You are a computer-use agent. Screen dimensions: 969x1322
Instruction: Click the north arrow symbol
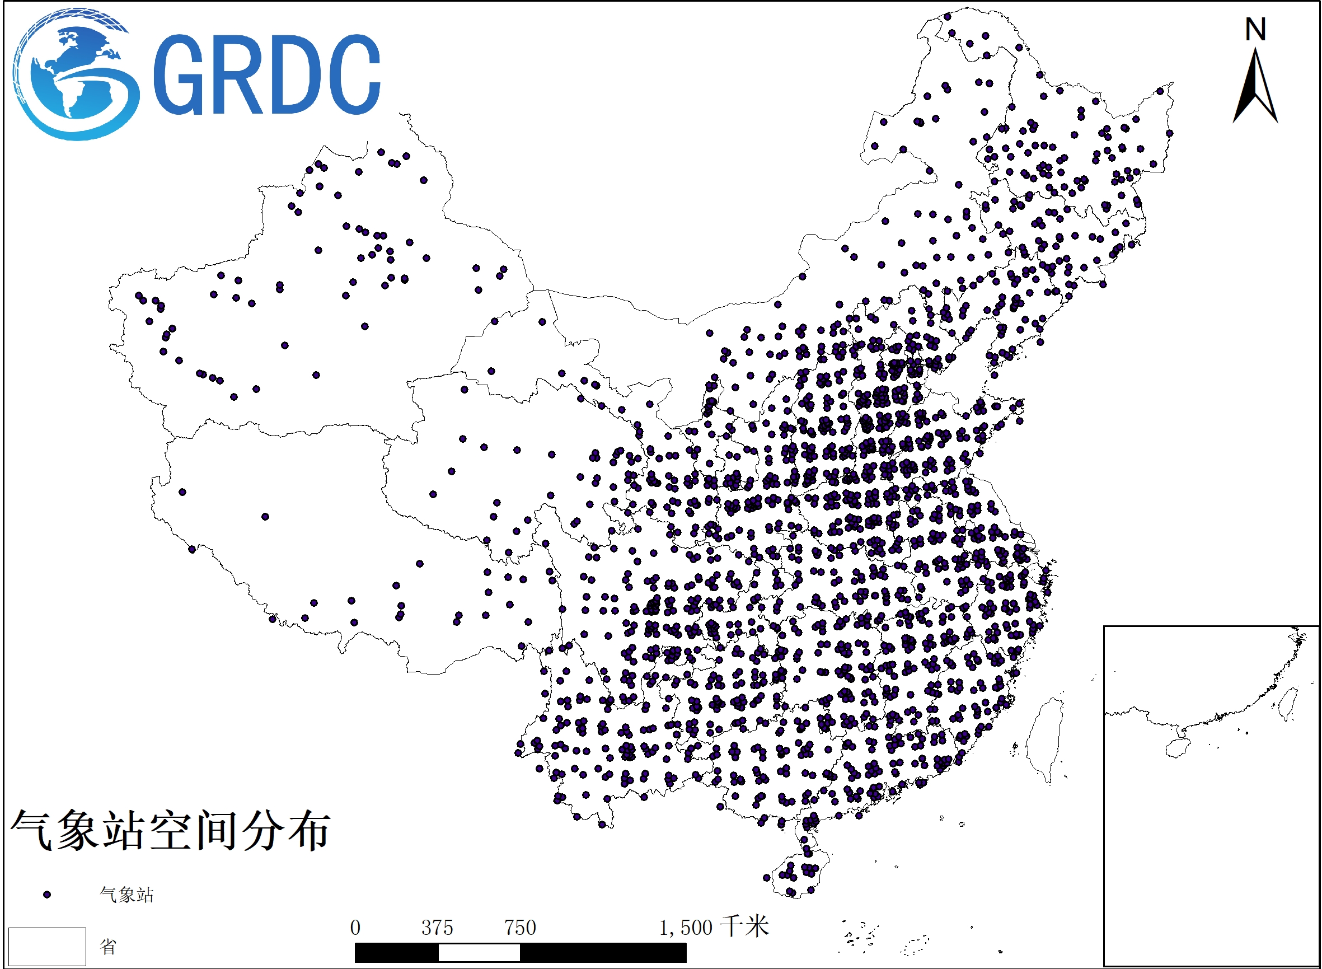pos(1256,88)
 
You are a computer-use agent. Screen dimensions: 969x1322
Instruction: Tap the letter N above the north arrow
pos(1256,29)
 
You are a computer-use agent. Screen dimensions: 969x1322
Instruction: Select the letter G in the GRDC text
pos(179,74)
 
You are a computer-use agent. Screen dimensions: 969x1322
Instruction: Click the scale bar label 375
pos(437,928)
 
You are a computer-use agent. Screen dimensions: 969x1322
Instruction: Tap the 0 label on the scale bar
pos(355,928)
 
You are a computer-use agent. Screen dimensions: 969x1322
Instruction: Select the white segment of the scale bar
pos(479,953)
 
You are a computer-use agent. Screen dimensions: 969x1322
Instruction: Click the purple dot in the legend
pos(47,895)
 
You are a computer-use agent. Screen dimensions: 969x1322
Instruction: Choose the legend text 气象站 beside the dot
pos(126,895)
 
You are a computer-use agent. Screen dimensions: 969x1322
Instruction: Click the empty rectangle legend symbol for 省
pos(47,946)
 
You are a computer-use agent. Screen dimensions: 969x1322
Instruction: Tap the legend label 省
pos(108,946)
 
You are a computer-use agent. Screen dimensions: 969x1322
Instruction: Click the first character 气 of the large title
pos(33,830)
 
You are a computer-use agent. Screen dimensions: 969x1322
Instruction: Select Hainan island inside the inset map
pos(1178,748)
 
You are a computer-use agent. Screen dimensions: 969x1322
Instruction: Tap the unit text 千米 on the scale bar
pos(744,926)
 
